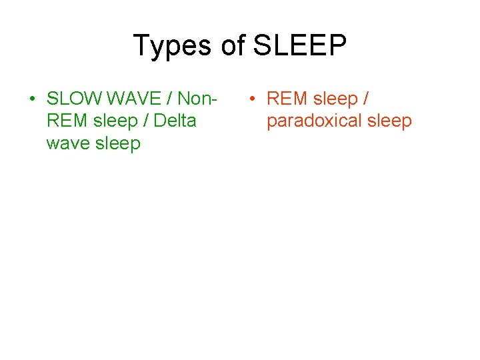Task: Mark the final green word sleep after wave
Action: click(x=119, y=143)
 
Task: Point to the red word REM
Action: click(x=286, y=99)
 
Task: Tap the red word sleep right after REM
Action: click(x=335, y=99)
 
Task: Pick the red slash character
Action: click(x=366, y=99)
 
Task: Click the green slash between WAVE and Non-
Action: click(x=169, y=99)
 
